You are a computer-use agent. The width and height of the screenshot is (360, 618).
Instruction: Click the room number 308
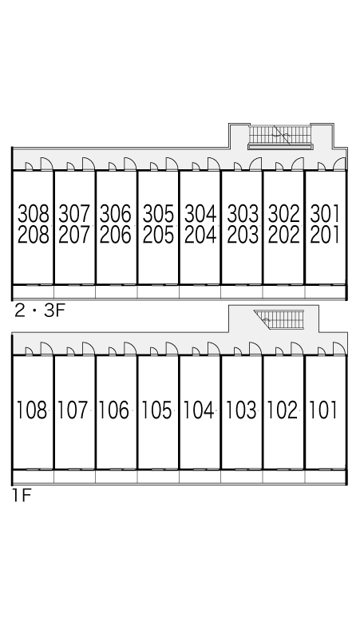[x=34, y=214]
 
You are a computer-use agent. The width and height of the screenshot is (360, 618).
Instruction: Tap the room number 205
[x=158, y=235]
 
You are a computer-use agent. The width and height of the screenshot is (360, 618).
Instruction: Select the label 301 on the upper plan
[x=326, y=214]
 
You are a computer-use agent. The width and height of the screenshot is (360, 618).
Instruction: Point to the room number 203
[x=243, y=235]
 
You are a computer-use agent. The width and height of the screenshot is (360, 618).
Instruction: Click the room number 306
[x=116, y=214]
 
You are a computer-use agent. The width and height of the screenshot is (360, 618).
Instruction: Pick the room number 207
[x=74, y=235]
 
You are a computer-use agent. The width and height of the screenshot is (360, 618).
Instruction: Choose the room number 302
[x=284, y=214]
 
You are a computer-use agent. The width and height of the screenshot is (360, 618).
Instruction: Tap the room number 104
[x=199, y=410]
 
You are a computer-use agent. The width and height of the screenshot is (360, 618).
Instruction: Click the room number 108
[x=32, y=410]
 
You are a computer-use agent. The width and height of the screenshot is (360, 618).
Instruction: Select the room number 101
[x=323, y=410]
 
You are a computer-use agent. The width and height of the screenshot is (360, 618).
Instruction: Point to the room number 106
[x=114, y=410]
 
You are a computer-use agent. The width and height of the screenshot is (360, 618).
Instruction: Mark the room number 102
[x=283, y=410]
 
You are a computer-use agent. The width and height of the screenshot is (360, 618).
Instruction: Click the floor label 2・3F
[x=39, y=311]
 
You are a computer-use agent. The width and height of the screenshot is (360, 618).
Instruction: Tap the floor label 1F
[x=22, y=495]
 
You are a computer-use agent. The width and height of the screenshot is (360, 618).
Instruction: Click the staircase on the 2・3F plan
[x=280, y=136]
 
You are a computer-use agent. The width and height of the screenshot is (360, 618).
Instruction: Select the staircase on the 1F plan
[x=280, y=319]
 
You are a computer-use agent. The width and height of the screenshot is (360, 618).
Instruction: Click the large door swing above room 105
[x=172, y=348]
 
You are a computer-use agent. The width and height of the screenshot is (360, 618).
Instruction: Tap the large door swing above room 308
[x=46, y=164]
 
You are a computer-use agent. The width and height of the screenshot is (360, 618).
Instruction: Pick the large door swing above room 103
[x=255, y=348]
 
